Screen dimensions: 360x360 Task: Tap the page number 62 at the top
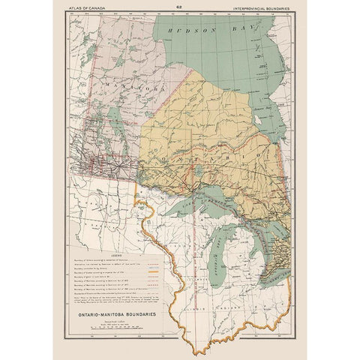click(179, 8)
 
